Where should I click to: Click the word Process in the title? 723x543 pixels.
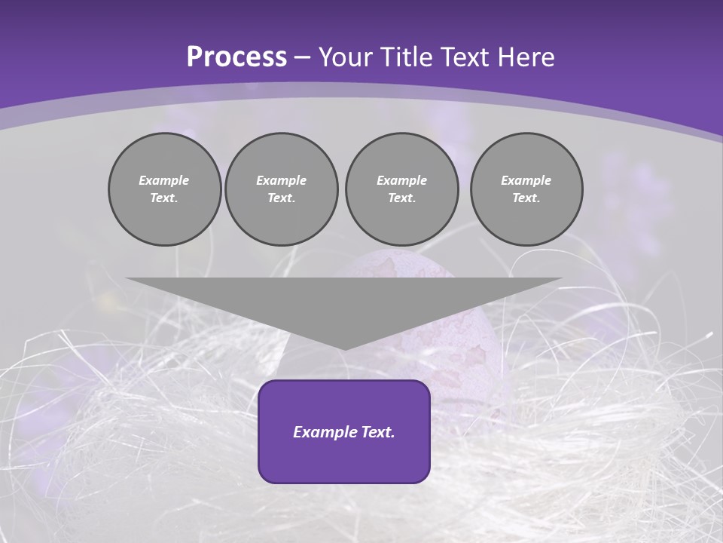[x=236, y=57]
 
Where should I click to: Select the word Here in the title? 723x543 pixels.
[x=526, y=57]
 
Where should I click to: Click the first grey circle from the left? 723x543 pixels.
[x=164, y=189]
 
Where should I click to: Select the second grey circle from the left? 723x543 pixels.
[x=281, y=189]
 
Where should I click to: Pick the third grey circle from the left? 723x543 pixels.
[x=401, y=189]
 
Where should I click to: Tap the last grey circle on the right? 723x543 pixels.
[x=526, y=189]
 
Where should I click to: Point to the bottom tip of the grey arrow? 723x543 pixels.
[x=344, y=348]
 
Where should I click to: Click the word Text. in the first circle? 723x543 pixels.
[x=164, y=198]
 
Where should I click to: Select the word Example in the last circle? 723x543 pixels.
[x=526, y=180]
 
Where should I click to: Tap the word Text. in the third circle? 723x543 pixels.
[x=401, y=198]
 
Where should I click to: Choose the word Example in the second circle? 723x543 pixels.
[x=281, y=180]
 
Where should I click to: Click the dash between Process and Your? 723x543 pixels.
[x=303, y=58]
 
